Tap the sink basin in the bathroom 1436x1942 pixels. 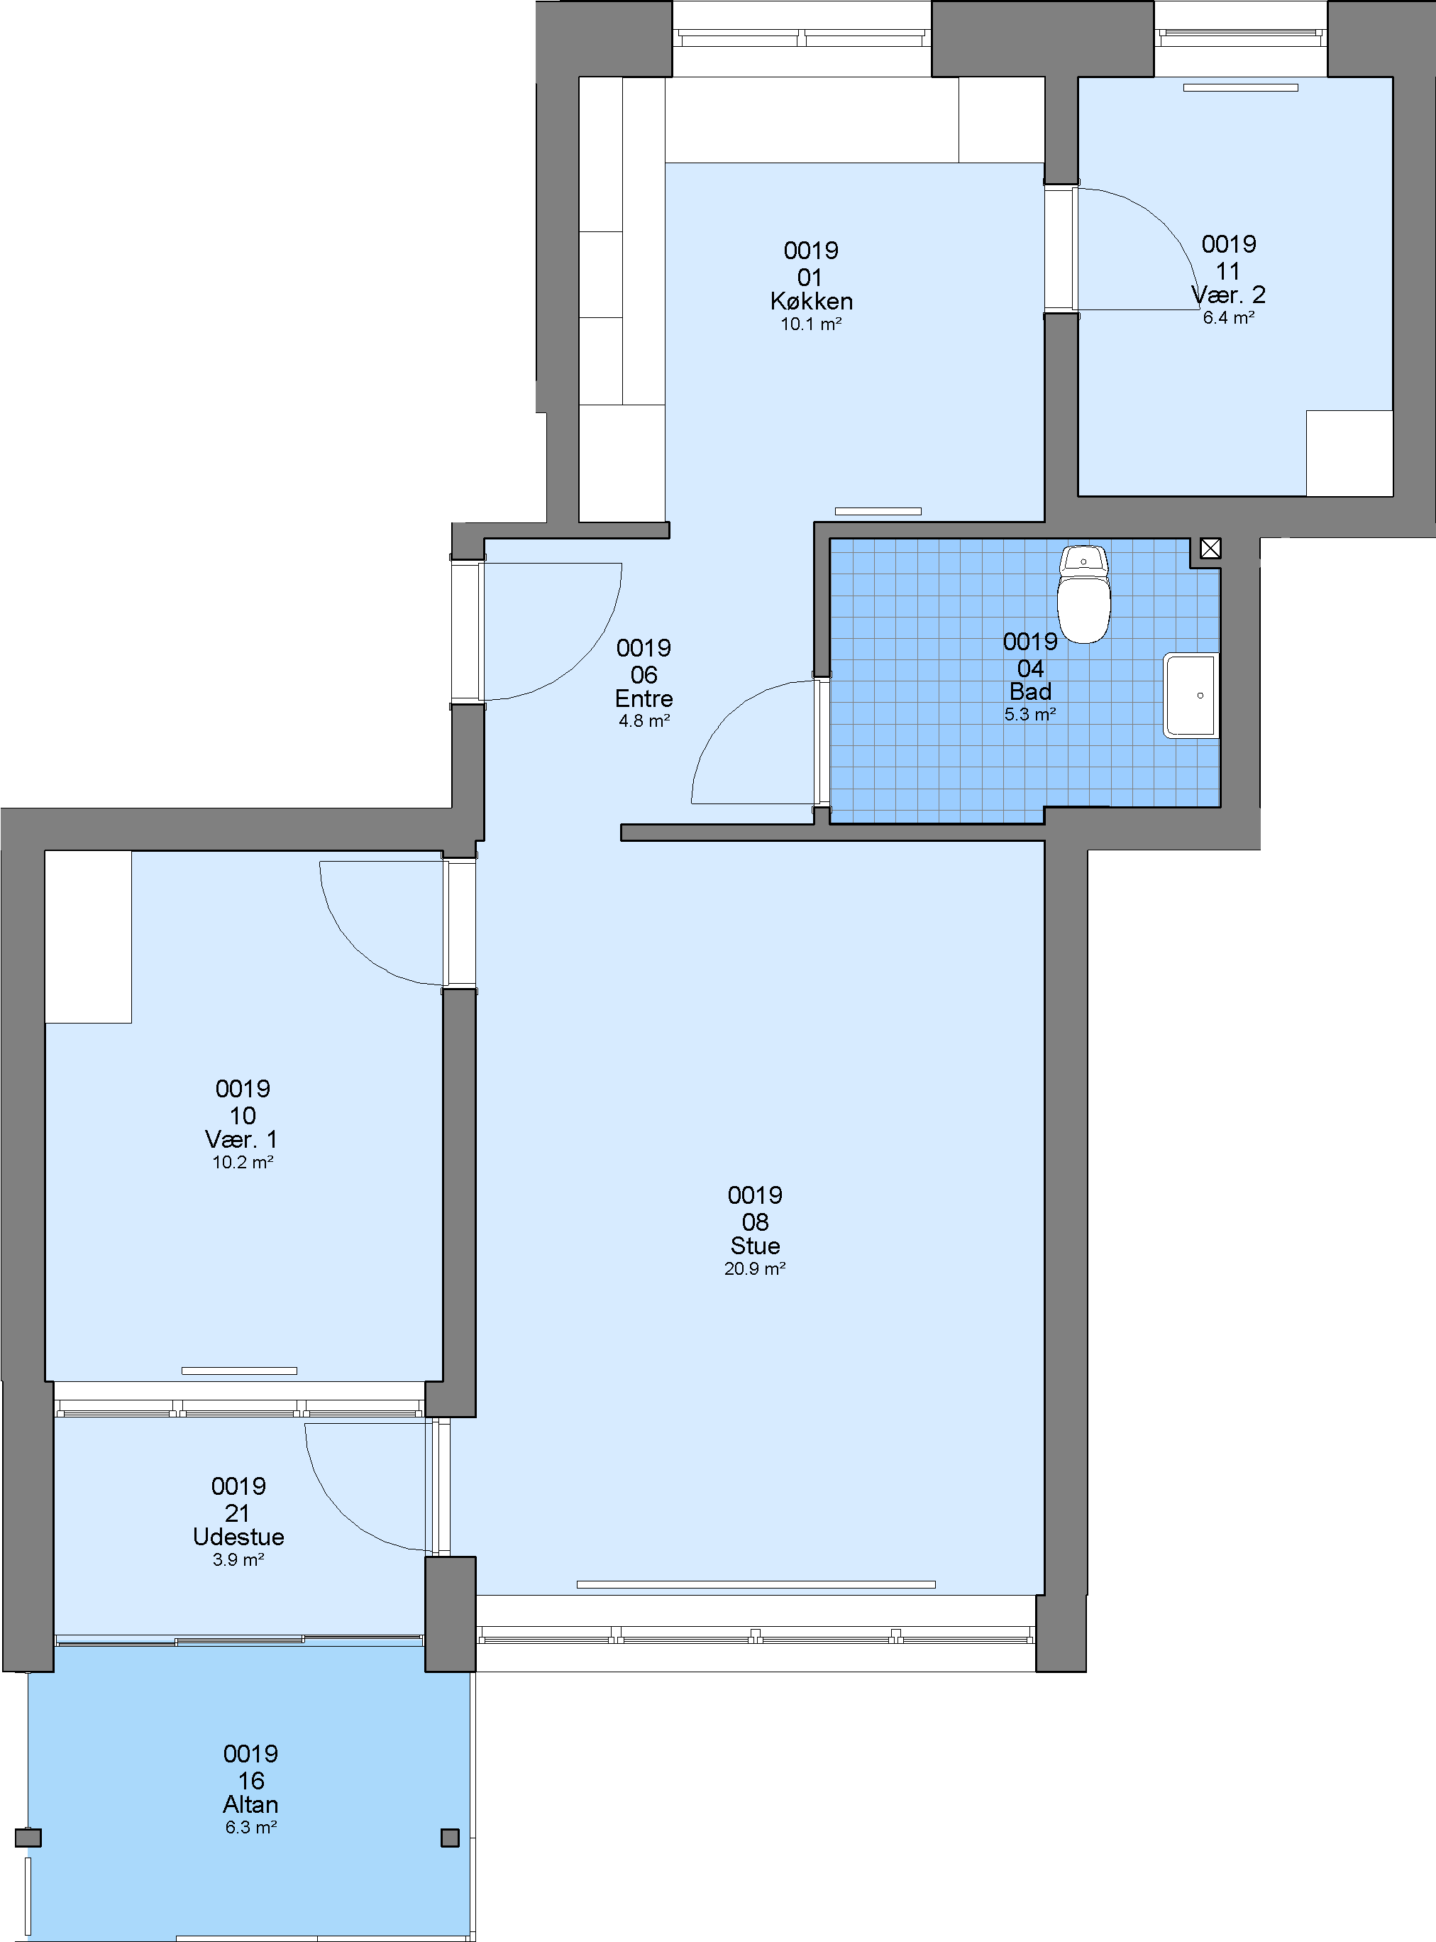[1192, 696]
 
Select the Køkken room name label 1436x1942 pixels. [811, 301]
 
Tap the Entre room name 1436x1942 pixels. [644, 698]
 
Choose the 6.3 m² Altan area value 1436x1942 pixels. [251, 1827]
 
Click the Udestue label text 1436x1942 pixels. [238, 1537]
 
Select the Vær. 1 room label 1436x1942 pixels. [242, 1139]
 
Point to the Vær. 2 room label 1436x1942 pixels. [1228, 295]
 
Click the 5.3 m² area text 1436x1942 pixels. [1030, 714]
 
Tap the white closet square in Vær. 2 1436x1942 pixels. [1349, 453]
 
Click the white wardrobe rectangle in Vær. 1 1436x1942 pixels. [89, 937]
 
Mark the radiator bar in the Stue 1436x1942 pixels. [756, 1584]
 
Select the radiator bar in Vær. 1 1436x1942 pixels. [239, 1371]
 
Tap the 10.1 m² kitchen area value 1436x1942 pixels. [811, 324]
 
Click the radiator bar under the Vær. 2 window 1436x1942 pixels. [1240, 88]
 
